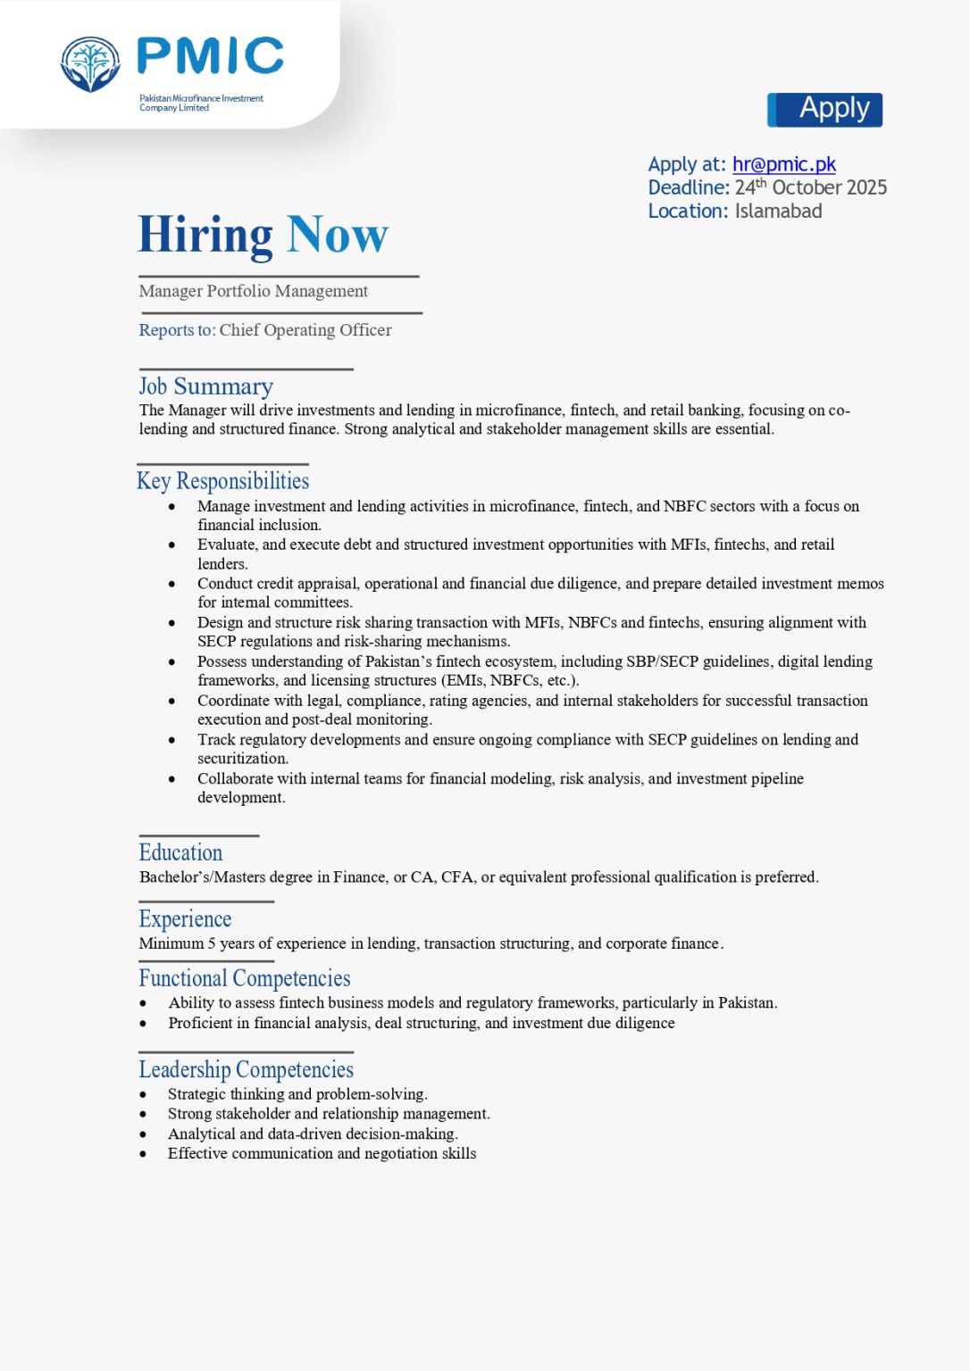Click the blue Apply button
pos(824,110)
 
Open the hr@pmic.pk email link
pos(784,164)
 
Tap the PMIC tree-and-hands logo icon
pos(90,64)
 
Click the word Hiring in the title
pos(205,236)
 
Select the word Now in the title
pos(338,236)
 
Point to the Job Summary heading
pos(205,386)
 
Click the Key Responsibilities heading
pos(222,481)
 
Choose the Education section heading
pos(180,852)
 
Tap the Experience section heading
pos(185,919)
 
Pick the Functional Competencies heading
pos(244,978)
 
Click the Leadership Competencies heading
pos(246,1069)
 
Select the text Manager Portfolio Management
pos(253,292)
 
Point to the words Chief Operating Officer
pos(305,330)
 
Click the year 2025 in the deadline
pos(865,187)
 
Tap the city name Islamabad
pos(778,212)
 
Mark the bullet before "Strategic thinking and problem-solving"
pos(143,1094)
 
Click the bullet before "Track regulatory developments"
pos(171,740)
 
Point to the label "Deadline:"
pos(689,187)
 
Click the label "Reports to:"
pos(177,330)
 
